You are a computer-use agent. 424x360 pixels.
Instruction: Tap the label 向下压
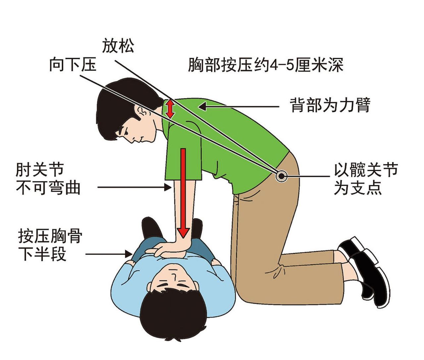click(73, 64)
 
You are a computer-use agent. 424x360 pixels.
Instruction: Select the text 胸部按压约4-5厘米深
click(266, 65)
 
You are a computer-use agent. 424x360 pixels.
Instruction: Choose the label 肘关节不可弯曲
click(48, 179)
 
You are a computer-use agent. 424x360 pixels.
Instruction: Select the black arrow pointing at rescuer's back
click(238, 106)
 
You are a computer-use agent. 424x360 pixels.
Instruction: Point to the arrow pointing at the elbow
click(134, 187)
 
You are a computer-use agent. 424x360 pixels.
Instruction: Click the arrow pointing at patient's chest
click(109, 254)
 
